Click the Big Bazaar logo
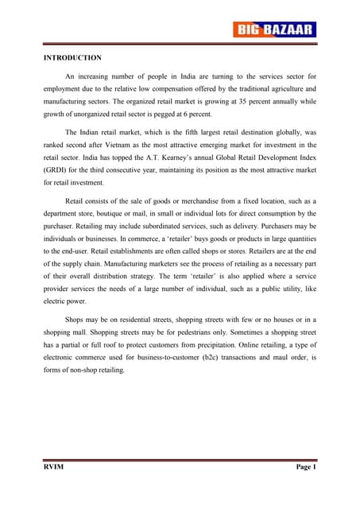tap(275, 30)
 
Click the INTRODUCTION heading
tap(72, 58)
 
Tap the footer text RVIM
tap(53, 467)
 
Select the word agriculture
tap(283, 88)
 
